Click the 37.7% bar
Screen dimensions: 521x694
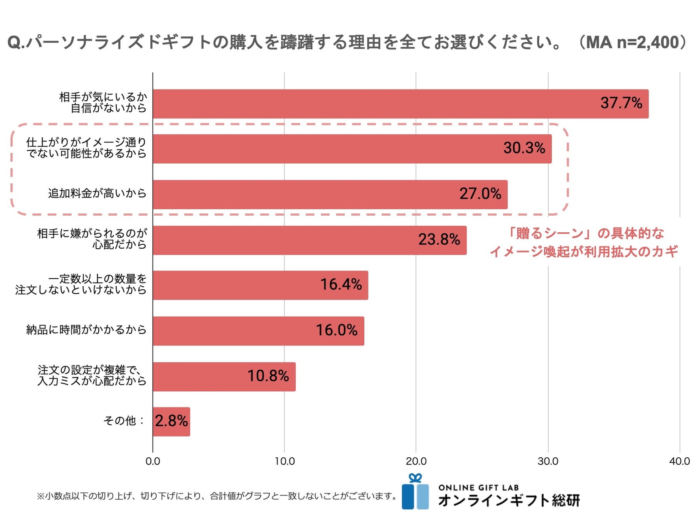click(x=400, y=104)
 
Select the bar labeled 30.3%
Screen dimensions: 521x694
click(x=352, y=149)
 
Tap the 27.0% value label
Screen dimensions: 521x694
click(x=480, y=194)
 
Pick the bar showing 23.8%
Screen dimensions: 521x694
click(x=309, y=240)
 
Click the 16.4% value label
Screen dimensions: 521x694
click(x=341, y=285)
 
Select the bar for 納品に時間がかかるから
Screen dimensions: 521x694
click(x=258, y=331)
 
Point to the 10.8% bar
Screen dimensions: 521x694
click(x=224, y=376)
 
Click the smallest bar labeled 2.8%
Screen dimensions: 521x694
click(x=171, y=421)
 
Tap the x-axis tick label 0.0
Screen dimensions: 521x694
click(x=153, y=461)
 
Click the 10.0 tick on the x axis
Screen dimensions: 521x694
click(x=285, y=461)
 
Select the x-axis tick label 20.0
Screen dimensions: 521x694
click(x=416, y=461)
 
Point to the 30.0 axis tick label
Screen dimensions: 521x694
click(x=548, y=461)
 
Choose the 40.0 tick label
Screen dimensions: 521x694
click(x=679, y=461)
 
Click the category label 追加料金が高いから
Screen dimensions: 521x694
click(x=97, y=193)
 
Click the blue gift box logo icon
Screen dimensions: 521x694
click(x=415, y=492)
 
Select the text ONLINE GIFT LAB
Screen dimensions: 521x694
click(x=478, y=488)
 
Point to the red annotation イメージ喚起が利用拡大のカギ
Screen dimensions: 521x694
click(x=584, y=252)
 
